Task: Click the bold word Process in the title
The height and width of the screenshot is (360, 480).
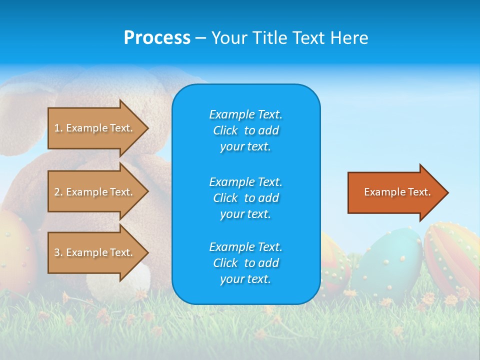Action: click(157, 38)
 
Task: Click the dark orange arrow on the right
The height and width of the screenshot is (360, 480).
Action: click(395, 192)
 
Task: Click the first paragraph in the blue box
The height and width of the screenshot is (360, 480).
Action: click(245, 130)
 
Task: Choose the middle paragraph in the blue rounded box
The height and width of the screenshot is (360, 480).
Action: click(245, 198)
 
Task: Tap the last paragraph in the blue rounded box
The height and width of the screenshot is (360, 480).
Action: click(245, 263)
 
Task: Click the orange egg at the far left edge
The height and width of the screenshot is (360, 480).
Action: click(15, 250)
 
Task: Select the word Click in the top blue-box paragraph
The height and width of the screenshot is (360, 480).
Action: click(225, 130)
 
